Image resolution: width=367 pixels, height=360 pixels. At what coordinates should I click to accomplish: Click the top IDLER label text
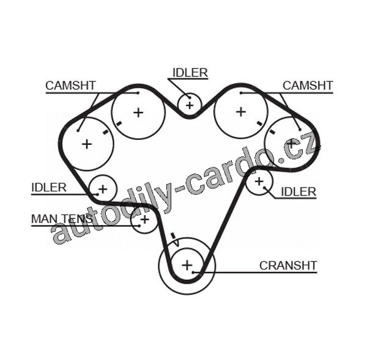tap(190, 73)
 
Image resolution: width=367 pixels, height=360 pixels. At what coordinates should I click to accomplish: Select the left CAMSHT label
tap(70, 86)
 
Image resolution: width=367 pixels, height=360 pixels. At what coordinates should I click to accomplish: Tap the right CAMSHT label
tap(308, 86)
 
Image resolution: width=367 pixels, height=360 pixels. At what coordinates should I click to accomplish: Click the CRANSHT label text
tap(288, 265)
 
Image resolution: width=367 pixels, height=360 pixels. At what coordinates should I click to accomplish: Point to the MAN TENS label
tap(62, 219)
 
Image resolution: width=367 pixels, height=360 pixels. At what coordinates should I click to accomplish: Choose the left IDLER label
tap(49, 188)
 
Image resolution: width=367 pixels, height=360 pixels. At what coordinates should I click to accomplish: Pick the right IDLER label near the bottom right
tap(298, 192)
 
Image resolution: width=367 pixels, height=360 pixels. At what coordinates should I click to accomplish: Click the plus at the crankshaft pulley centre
tap(187, 265)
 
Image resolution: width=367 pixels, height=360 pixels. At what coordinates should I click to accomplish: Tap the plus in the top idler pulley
tap(190, 105)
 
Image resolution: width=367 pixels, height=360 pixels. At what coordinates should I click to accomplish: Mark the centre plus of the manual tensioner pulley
tap(144, 219)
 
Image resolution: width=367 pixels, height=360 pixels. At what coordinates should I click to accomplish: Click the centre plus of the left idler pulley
tap(103, 189)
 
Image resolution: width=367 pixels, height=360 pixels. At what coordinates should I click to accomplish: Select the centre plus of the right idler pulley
tap(259, 182)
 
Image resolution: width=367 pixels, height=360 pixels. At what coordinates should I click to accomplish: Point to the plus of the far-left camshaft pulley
tap(87, 144)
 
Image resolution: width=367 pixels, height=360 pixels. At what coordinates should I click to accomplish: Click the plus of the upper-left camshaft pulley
tap(138, 112)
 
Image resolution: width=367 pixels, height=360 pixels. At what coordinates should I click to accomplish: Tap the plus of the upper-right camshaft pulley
tap(241, 112)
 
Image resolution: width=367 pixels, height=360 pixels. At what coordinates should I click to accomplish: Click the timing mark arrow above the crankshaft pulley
tap(176, 240)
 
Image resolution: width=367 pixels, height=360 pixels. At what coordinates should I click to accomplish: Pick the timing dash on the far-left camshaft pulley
tap(106, 132)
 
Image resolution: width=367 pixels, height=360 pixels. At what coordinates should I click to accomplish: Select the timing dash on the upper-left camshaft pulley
tap(119, 123)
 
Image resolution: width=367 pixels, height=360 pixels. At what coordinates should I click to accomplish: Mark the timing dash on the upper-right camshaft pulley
tap(259, 123)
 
